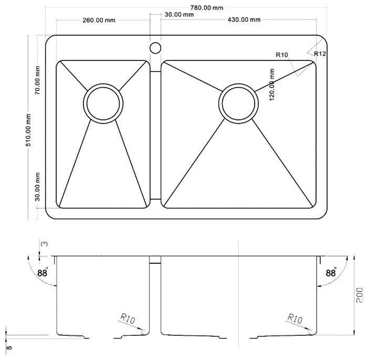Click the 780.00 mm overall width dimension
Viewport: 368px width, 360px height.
pyautogui.click(x=206, y=8)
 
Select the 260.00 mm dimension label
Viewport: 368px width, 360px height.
pyautogui.click(x=99, y=20)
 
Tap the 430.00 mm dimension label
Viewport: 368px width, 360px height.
pyautogui.click(x=244, y=19)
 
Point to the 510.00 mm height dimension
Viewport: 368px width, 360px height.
pyautogui.click(x=28, y=130)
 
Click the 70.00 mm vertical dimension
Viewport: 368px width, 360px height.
pyautogui.click(x=37, y=80)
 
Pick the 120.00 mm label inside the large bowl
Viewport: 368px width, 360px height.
pyautogui.click(x=272, y=85)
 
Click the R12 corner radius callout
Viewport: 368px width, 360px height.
pyautogui.click(x=320, y=54)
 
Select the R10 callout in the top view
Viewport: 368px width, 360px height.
pyautogui.click(x=281, y=55)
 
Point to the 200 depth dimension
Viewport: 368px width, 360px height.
pyautogui.click(x=360, y=295)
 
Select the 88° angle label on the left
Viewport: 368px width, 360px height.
pyautogui.click(x=42, y=273)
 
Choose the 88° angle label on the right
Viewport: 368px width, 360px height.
pyautogui.click(x=331, y=273)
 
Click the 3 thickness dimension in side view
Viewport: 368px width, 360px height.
pyautogui.click(x=44, y=244)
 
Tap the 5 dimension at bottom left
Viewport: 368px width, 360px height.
pyautogui.click(x=9, y=347)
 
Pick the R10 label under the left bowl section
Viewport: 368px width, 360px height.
pyautogui.click(x=128, y=318)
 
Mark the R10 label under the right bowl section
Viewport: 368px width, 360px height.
pyautogui.click(x=295, y=318)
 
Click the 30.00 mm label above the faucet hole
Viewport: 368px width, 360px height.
pyautogui.click(x=179, y=15)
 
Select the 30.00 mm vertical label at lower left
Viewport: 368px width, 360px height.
pyautogui.click(x=37, y=187)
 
